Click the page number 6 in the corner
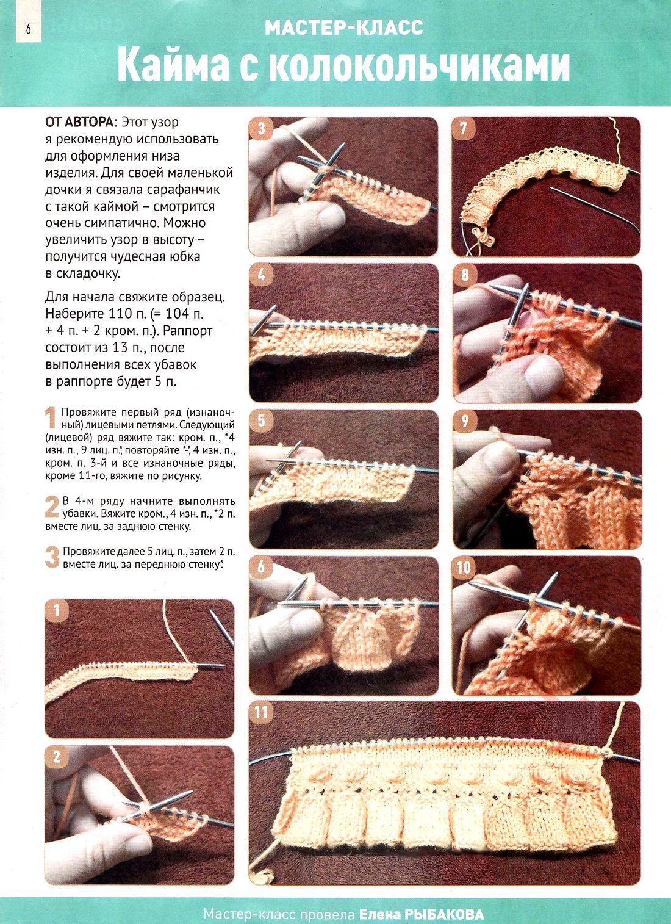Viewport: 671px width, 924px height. coord(28,29)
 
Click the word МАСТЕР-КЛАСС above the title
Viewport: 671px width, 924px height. coord(344,27)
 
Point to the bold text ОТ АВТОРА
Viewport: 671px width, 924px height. coord(82,122)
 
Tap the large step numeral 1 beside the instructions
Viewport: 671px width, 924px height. coord(50,417)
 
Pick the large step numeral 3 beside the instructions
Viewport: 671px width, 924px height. coord(52,557)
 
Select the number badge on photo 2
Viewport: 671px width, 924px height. coord(57,757)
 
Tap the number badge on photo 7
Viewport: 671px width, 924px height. coord(464,128)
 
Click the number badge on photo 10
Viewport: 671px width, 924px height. coord(464,567)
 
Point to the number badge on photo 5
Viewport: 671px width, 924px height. coord(261,420)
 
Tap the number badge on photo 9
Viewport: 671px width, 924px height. coord(464,420)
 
